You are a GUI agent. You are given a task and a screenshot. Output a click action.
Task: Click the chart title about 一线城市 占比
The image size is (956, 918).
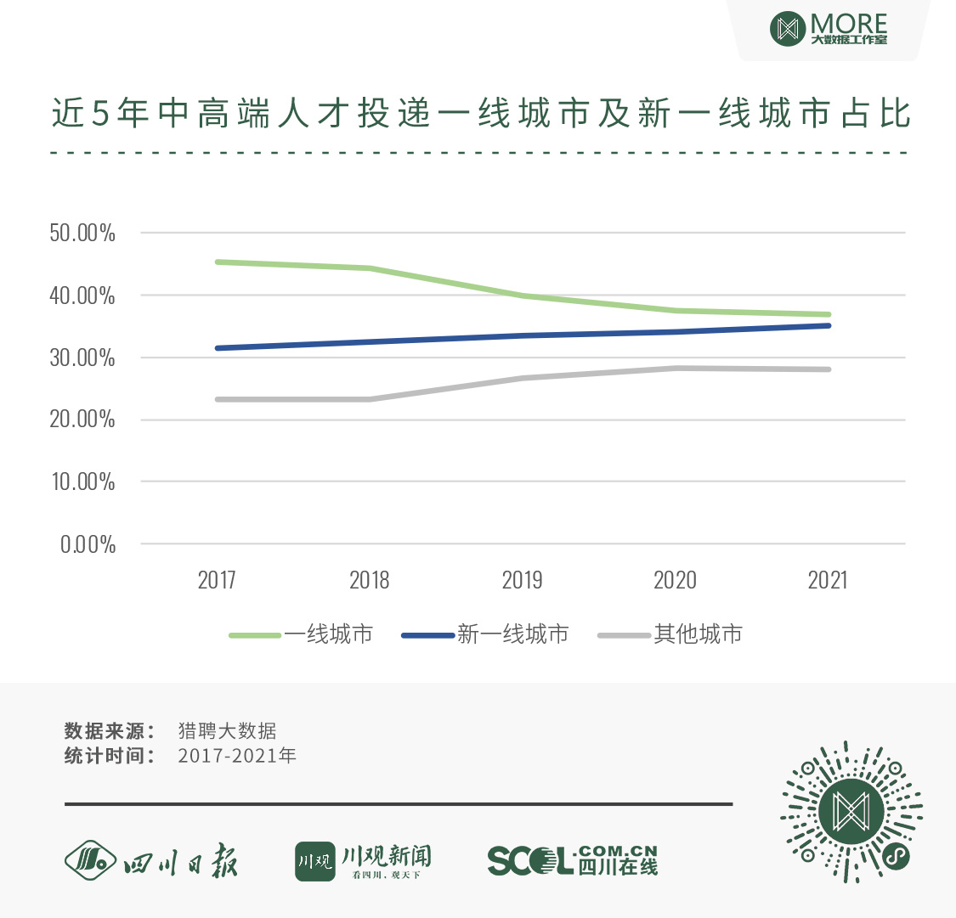[481, 114]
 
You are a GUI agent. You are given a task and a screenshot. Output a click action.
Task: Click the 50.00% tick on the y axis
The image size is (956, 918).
[82, 234]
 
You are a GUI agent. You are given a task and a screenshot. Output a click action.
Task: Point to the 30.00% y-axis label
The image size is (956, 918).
[82, 358]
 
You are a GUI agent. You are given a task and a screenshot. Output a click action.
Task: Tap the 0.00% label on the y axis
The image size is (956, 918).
[88, 544]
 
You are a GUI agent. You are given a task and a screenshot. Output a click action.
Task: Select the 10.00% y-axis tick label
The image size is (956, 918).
[82, 482]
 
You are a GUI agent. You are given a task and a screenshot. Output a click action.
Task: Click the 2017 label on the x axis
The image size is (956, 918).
[217, 580]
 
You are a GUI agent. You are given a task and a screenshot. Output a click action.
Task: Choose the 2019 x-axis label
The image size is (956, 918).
[522, 580]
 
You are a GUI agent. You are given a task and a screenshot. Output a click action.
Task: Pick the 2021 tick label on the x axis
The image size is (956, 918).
[828, 580]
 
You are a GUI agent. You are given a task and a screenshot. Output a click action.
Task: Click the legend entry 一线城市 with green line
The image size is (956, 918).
[302, 634]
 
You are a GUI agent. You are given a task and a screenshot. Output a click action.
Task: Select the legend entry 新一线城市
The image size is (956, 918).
[485, 634]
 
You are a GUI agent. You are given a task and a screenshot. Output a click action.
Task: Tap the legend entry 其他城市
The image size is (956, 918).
[670, 634]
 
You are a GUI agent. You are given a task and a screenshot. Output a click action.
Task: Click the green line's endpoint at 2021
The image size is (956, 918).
[828, 314]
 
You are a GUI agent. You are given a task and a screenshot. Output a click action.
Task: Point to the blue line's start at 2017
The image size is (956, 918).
[218, 348]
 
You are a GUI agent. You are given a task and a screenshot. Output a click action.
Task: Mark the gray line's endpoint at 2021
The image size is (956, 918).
[828, 369]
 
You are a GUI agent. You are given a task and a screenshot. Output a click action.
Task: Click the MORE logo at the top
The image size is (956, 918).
[829, 29]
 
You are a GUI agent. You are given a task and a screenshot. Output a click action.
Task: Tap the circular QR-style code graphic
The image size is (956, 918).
[851, 811]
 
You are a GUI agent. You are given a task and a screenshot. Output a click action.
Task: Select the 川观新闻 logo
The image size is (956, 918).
[363, 861]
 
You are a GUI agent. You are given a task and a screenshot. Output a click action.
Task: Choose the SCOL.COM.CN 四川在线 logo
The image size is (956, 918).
[573, 860]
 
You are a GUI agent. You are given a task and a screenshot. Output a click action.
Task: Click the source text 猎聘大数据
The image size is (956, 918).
[227, 731]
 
